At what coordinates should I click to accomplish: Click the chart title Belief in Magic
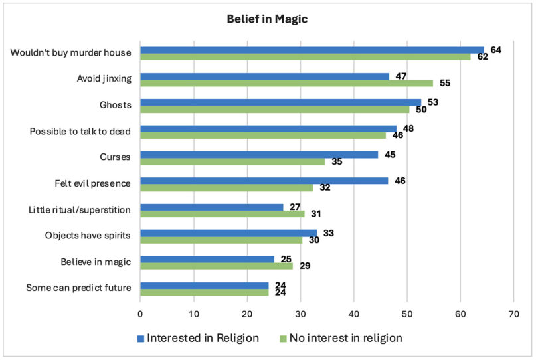[x=267, y=19]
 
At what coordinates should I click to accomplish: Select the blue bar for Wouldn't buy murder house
[x=312, y=49]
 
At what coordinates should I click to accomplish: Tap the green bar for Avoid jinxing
[x=286, y=83]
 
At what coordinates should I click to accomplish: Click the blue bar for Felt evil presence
[x=264, y=180]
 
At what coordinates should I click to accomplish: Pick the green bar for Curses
[x=232, y=161]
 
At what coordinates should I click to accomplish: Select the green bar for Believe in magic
[x=217, y=266]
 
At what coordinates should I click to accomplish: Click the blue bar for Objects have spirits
[x=228, y=232]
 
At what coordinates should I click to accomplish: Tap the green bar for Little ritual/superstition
[x=222, y=213]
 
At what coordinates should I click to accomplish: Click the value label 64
[x=495, y=50]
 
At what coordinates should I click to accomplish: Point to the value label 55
[x=446, y=84]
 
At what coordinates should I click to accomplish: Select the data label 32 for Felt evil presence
[x=325, y=188]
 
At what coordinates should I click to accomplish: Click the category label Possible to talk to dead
[x=80, y=132]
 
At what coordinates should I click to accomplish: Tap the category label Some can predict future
[x=78, y=288]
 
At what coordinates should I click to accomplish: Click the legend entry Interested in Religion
[x=198, y=338]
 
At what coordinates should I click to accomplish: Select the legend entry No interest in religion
[x=340, y=338]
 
